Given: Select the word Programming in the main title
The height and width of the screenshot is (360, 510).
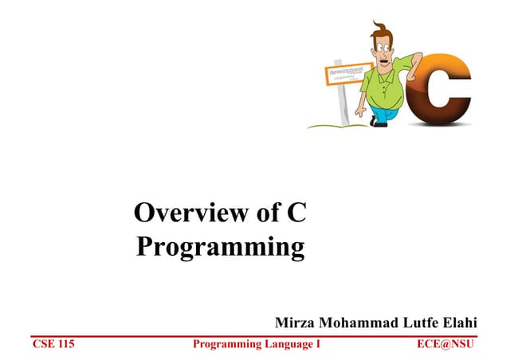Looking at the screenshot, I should [220, 246].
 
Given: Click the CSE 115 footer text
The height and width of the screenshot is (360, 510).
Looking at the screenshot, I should [53, 344].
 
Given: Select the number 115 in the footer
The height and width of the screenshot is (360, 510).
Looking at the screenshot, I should [64, 344].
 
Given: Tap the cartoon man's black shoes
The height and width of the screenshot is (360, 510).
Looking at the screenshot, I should [375, 122].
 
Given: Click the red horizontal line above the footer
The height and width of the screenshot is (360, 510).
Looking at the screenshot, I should [255, 335].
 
